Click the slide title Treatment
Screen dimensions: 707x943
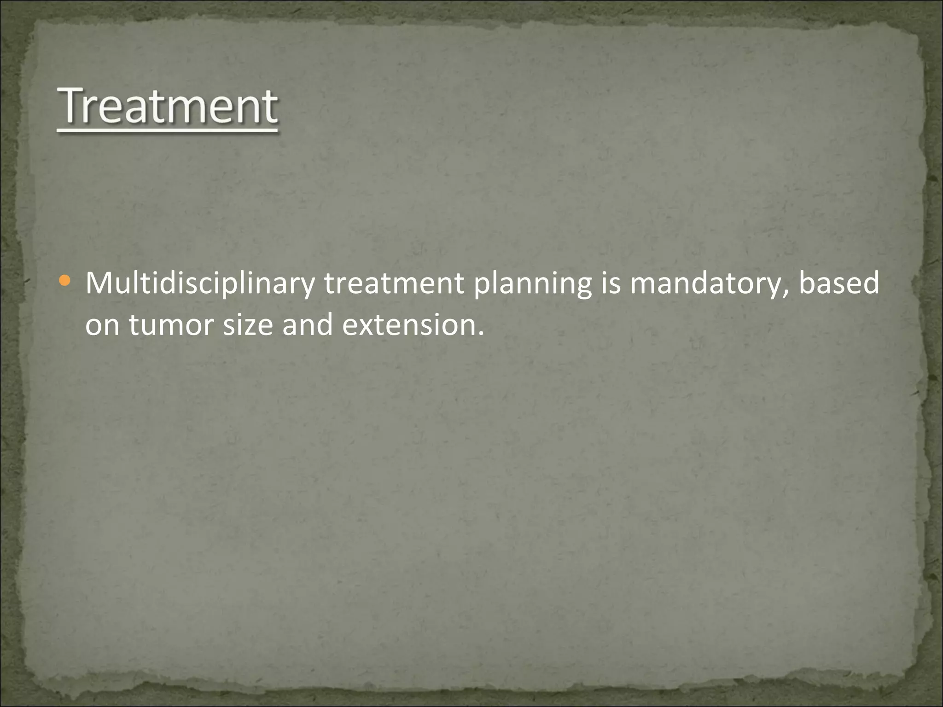pyautogui.click(x=168, y=107)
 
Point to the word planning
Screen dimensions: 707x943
pyautogui.click(x=532, y=284)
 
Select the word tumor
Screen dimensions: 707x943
pyautogui.click(x=171, y=325)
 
